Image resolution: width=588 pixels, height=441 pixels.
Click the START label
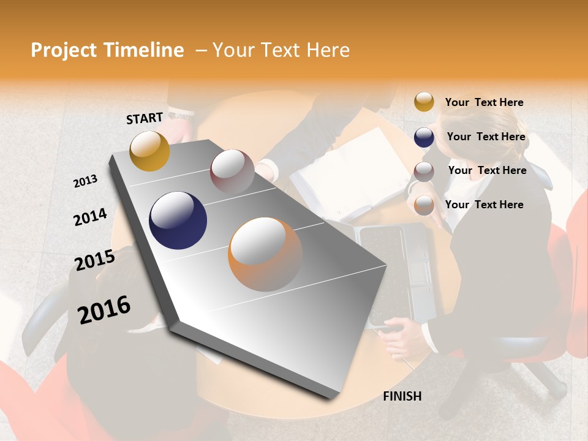click(145, 118)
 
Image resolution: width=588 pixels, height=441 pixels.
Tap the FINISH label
click(402, 396)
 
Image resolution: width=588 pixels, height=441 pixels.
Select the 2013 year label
click(85, 181)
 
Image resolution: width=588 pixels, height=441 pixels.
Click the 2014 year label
click(90, 217)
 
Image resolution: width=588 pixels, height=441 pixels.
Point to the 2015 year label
click(94, 260)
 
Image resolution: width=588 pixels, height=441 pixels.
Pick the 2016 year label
click(104, 309)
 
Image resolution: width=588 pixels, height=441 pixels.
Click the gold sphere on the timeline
click(149, 151)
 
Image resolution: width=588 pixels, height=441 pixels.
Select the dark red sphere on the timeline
click(232, 171)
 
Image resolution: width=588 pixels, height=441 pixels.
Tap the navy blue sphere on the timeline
click(178, 221)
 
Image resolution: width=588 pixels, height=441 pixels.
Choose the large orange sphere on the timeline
click(265, 254)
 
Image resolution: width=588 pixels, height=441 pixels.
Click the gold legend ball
click(424, 102)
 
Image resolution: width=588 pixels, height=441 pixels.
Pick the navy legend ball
click(424, 137)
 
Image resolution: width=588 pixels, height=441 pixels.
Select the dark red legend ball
click(424, 171)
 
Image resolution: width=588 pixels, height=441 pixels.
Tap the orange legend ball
click(424, 205)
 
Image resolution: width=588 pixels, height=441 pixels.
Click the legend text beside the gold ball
click(484, 102)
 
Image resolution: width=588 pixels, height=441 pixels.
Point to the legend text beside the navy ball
click(486, 137)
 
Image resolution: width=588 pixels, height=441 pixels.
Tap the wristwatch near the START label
click(181, 114)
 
